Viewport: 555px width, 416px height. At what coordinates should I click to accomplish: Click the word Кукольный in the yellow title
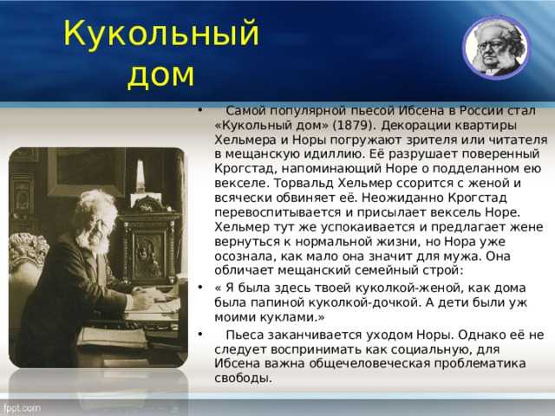[161, 33]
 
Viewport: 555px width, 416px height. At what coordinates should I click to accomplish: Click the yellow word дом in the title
[161, 75]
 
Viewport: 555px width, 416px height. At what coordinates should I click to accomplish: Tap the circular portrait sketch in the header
[496, 48]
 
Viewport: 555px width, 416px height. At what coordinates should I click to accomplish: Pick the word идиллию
[336, 154]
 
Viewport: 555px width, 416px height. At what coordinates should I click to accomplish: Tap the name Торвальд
[304, 183]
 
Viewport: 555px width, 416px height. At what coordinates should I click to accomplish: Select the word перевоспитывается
[277, 212]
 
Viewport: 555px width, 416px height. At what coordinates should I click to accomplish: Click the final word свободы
[243, 378]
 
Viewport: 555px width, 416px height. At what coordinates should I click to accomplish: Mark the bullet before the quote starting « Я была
[200, 287]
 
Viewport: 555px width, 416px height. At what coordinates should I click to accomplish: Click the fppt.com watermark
[21, 409]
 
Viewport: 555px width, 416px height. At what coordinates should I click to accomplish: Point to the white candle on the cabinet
[140, 176]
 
